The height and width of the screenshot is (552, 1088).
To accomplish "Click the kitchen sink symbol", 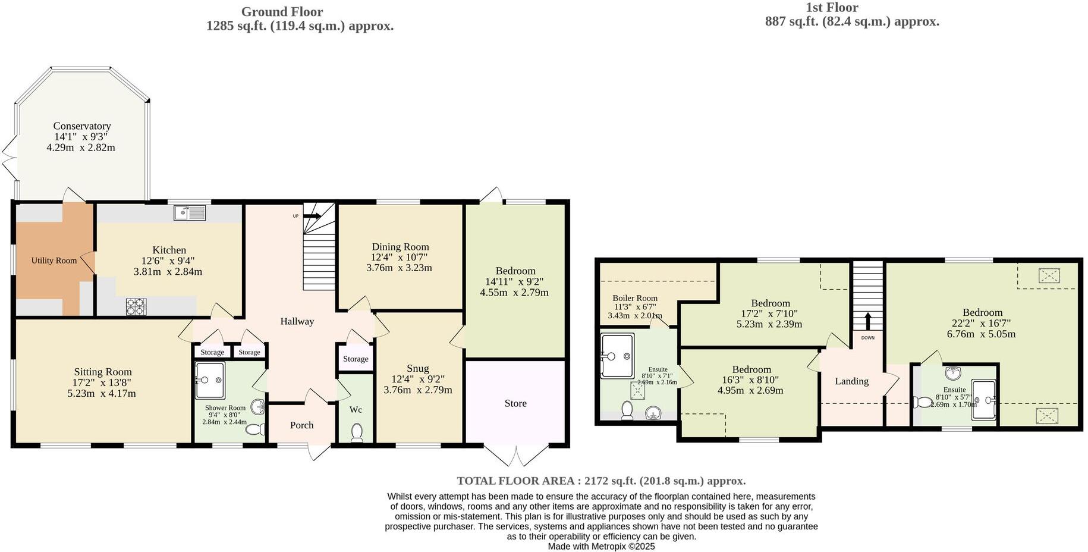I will click(190, 212).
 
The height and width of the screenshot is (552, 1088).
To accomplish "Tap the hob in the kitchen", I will click(136, 306).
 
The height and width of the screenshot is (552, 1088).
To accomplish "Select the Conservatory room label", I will click(82, 126).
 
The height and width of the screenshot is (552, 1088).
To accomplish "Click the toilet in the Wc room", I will click(357, 432).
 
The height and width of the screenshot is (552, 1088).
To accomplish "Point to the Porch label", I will click(301, 425).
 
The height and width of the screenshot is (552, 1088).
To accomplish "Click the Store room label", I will click(515, 403).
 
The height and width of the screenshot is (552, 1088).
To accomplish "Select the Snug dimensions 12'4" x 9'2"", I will click(417, 379).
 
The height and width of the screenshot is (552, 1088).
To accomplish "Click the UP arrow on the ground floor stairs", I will click(312, 217).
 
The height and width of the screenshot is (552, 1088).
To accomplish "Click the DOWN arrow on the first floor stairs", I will click(867, 322).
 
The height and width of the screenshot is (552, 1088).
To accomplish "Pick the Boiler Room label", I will click(635, 298).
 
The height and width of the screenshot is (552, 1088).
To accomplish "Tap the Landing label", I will click(851, 381).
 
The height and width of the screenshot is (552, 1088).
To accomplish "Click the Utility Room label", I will click(54, 261).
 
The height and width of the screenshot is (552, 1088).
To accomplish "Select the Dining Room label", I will click(400, 247).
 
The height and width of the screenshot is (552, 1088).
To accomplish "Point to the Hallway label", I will click(297, 321).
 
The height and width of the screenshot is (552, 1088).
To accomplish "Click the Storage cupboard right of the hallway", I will click(356, 359).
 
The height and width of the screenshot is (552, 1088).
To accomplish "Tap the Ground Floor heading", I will click(282, 11).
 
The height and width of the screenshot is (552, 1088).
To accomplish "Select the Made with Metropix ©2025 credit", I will click(601, 546).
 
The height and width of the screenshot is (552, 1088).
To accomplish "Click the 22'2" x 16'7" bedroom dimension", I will click(982, 324).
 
